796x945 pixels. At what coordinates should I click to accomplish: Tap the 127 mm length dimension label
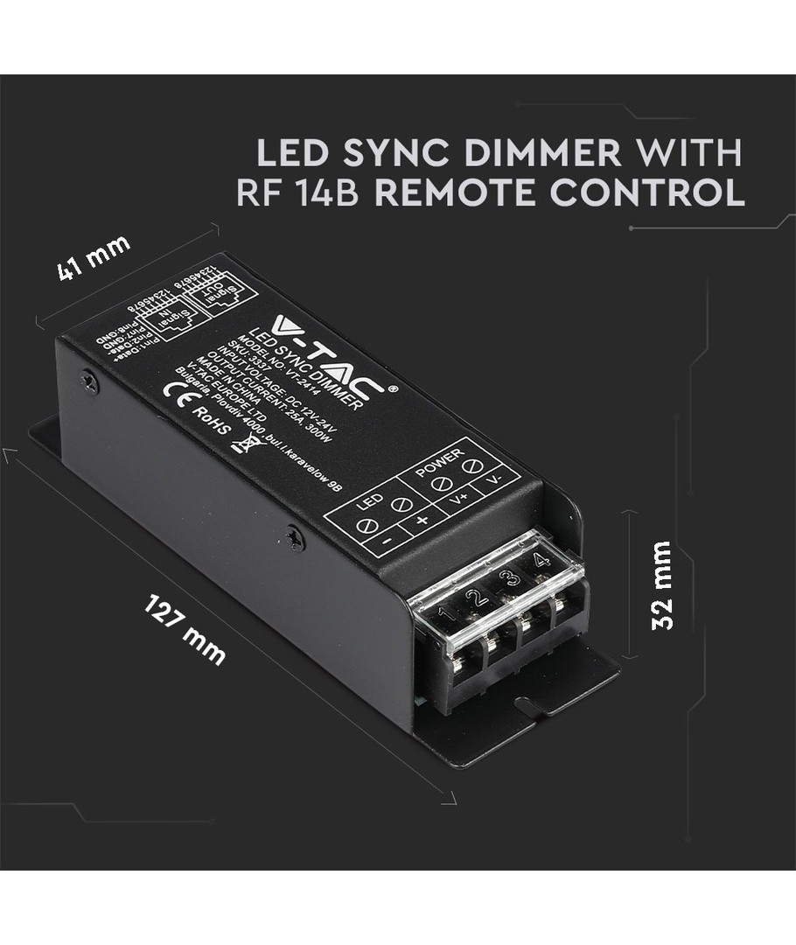pyautogui.click(x=185, y=628)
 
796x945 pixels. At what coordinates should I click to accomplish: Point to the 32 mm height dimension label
pyautogui.click(x=662, y=584)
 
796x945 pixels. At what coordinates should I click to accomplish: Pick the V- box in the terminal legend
pyautogui.click(x=495, y=480)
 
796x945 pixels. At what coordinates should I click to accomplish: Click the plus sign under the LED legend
pyautogui.click(x=422, y=521)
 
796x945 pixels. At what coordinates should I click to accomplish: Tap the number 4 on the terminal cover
pyautogui.click(x=542, y=559)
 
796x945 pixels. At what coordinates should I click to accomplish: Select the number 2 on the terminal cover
pyautogui.click(x=476, y=598)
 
